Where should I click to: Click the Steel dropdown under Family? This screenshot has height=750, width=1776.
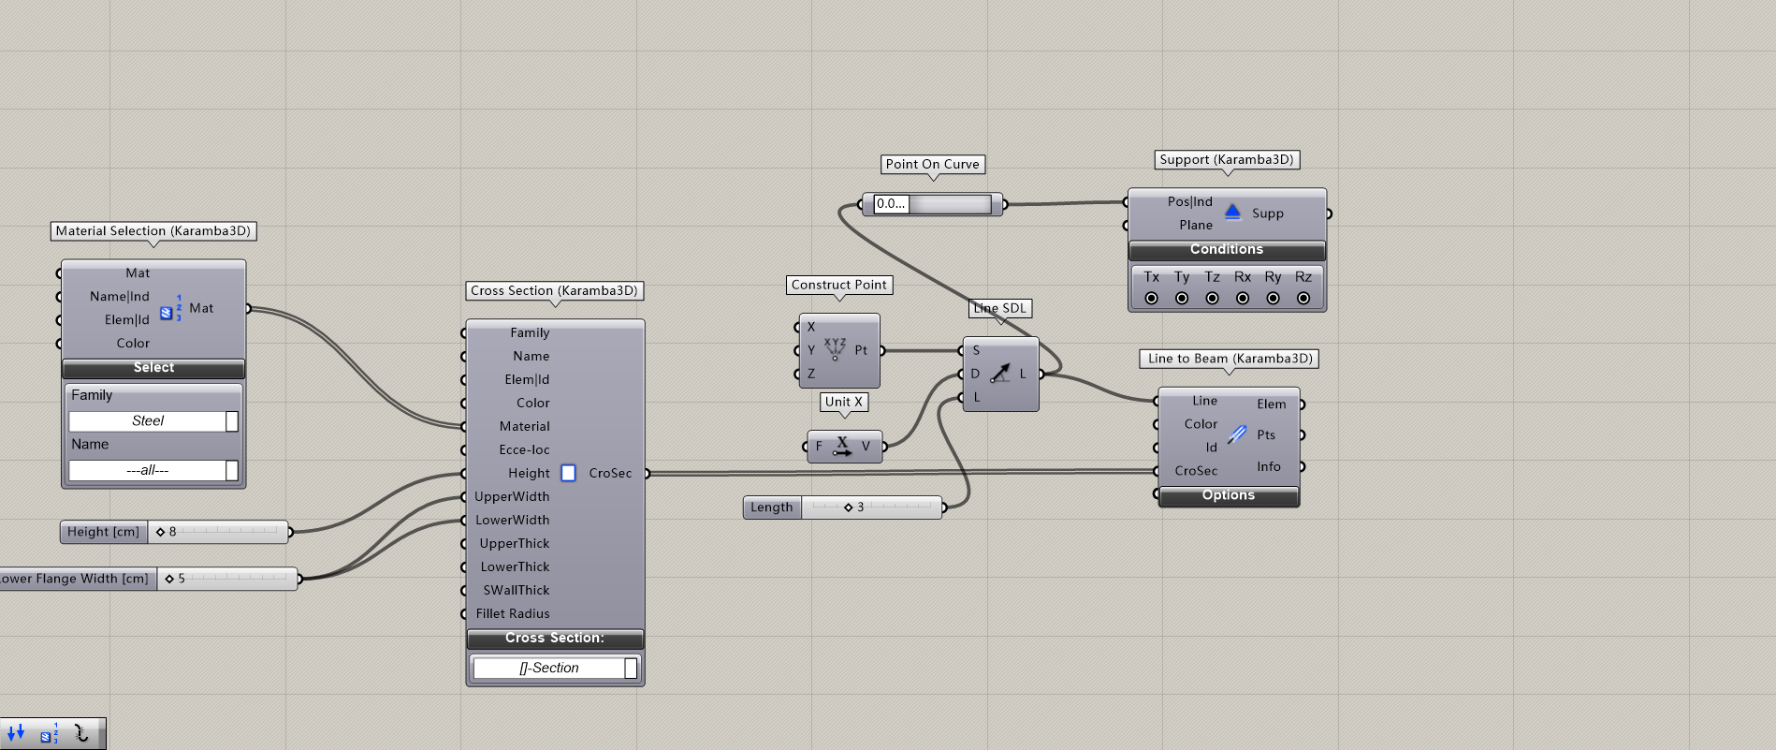153,421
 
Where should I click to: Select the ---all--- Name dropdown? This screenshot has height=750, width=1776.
153,470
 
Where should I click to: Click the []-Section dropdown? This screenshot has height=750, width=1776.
555,668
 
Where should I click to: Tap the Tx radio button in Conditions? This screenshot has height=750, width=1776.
1151,298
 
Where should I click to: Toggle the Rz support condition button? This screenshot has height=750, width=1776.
1303,298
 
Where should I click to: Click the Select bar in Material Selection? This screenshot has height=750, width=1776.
153,368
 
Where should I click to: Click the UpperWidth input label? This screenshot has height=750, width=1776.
512,496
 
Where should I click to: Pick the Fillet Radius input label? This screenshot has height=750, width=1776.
513,613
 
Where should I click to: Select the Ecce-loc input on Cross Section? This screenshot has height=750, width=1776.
524,449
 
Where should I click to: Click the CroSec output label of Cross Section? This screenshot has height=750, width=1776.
610,473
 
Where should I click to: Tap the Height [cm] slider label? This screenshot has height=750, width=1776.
103,532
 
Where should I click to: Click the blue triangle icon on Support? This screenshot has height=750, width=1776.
1232,212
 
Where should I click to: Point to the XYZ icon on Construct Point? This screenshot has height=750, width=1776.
835,348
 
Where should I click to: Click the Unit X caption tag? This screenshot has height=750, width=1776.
844,402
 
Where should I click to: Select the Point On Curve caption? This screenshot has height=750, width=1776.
933,164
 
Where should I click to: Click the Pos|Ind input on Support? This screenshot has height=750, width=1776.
1189,201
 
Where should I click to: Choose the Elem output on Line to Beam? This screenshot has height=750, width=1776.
1272,404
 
